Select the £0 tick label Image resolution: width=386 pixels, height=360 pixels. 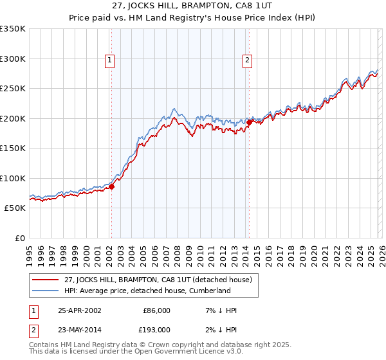pyautogui.click(x=19, y=238)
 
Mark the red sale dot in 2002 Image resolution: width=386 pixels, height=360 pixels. pyautogui.click(x=111, y=187)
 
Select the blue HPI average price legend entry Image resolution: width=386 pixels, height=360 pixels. pyautogui.click(x=147, y=291)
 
